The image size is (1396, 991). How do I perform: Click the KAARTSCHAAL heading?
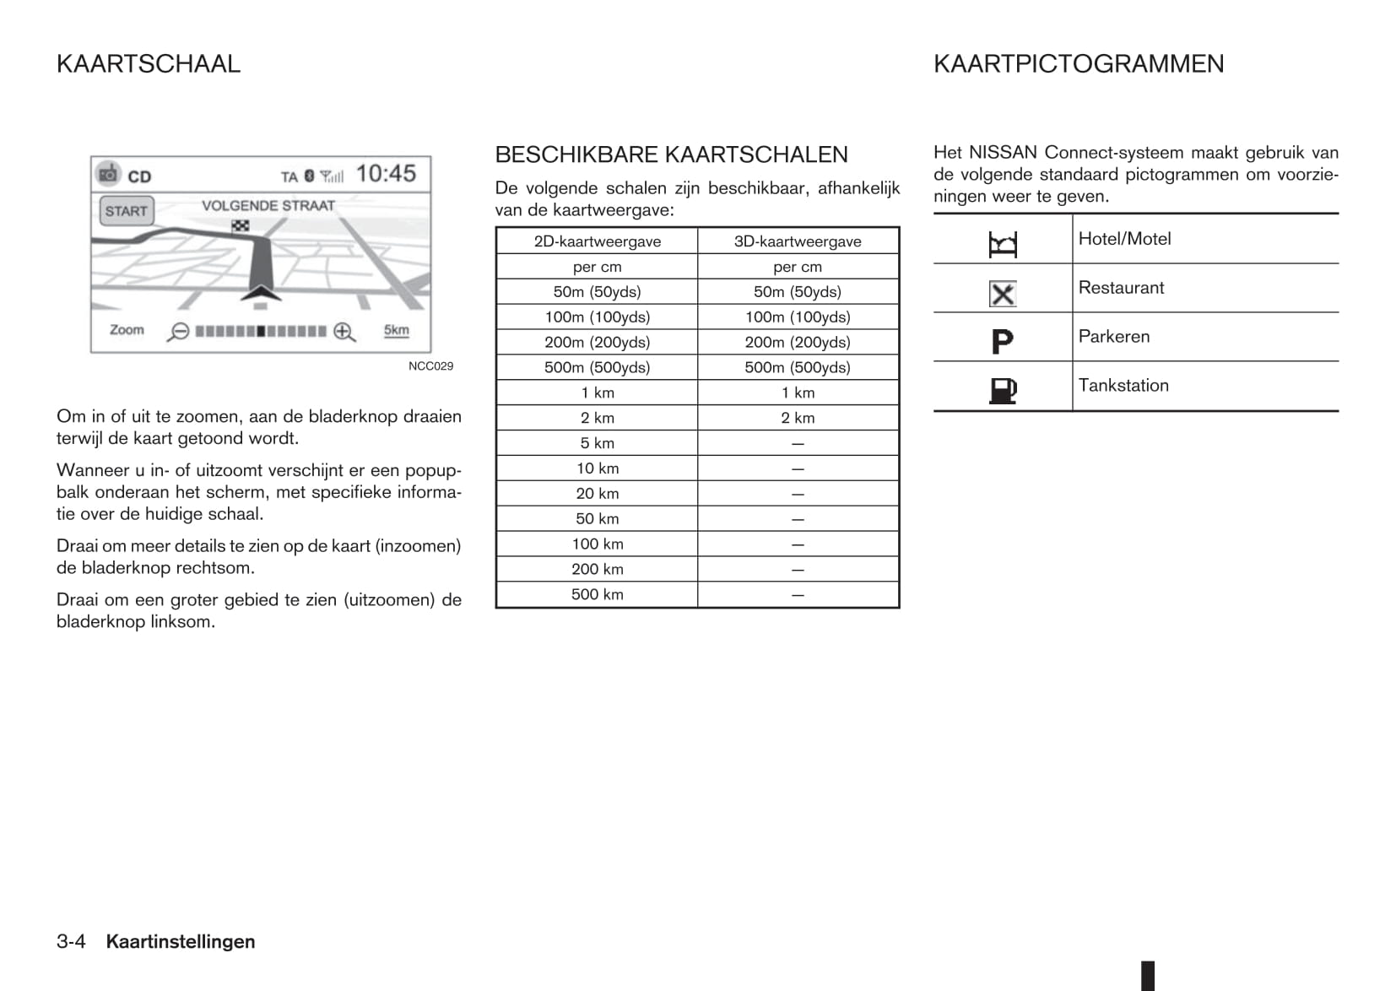tap(149, 64)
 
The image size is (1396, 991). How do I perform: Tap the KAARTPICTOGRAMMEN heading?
tap(1078, 64)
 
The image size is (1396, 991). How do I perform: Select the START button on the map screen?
tap(127, 211)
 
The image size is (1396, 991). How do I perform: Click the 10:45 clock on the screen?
tap(386, 174)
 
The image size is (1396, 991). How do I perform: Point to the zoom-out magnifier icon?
tap(178, 332)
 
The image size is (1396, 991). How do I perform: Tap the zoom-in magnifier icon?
tap(344, 332)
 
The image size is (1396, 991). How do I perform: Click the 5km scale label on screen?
tap(396, 330)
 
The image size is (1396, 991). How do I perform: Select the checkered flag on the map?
tap(241, 225)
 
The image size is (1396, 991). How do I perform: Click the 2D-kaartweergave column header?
tap(597, 241)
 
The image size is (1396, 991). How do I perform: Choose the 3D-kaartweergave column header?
tap(798, 241)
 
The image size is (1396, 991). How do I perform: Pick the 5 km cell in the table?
tap(597, 443)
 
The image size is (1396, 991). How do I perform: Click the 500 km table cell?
tap(597, 594)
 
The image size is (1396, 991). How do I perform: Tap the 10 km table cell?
tap(597, 468)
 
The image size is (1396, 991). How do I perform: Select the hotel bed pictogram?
tap(1003, 245)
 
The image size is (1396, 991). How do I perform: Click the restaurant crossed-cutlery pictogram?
tap(1003, 294)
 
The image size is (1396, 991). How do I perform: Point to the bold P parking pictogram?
tap(1002, 342)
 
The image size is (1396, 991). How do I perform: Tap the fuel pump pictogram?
tap(1003, 390)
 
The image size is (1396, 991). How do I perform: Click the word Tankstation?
tap(1123, 386)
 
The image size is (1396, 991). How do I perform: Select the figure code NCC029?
tap(430, 366)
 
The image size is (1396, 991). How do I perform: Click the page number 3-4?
tap(71, 942)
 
